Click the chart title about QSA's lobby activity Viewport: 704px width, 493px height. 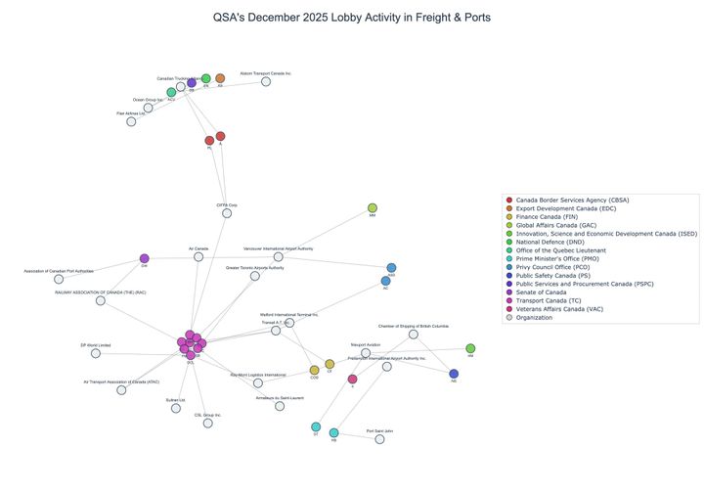351,18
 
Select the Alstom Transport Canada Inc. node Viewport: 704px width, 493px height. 265,82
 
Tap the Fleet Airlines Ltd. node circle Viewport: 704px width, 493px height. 131,121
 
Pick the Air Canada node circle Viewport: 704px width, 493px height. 198,257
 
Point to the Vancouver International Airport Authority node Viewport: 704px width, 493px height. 278,257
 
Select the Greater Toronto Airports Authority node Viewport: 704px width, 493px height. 255,276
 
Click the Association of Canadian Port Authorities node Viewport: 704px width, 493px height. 59,279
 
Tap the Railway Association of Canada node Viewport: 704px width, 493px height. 101,300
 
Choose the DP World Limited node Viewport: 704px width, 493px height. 96,353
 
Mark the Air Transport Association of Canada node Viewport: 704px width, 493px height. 121,390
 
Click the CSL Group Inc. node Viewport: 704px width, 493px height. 207,424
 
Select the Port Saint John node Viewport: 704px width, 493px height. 380,439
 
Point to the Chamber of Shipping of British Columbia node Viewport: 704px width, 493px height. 413,335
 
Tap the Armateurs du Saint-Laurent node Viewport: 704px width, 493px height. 280,406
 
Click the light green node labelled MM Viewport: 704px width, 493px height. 373,207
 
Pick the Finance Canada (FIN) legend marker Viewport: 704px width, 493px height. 508,216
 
